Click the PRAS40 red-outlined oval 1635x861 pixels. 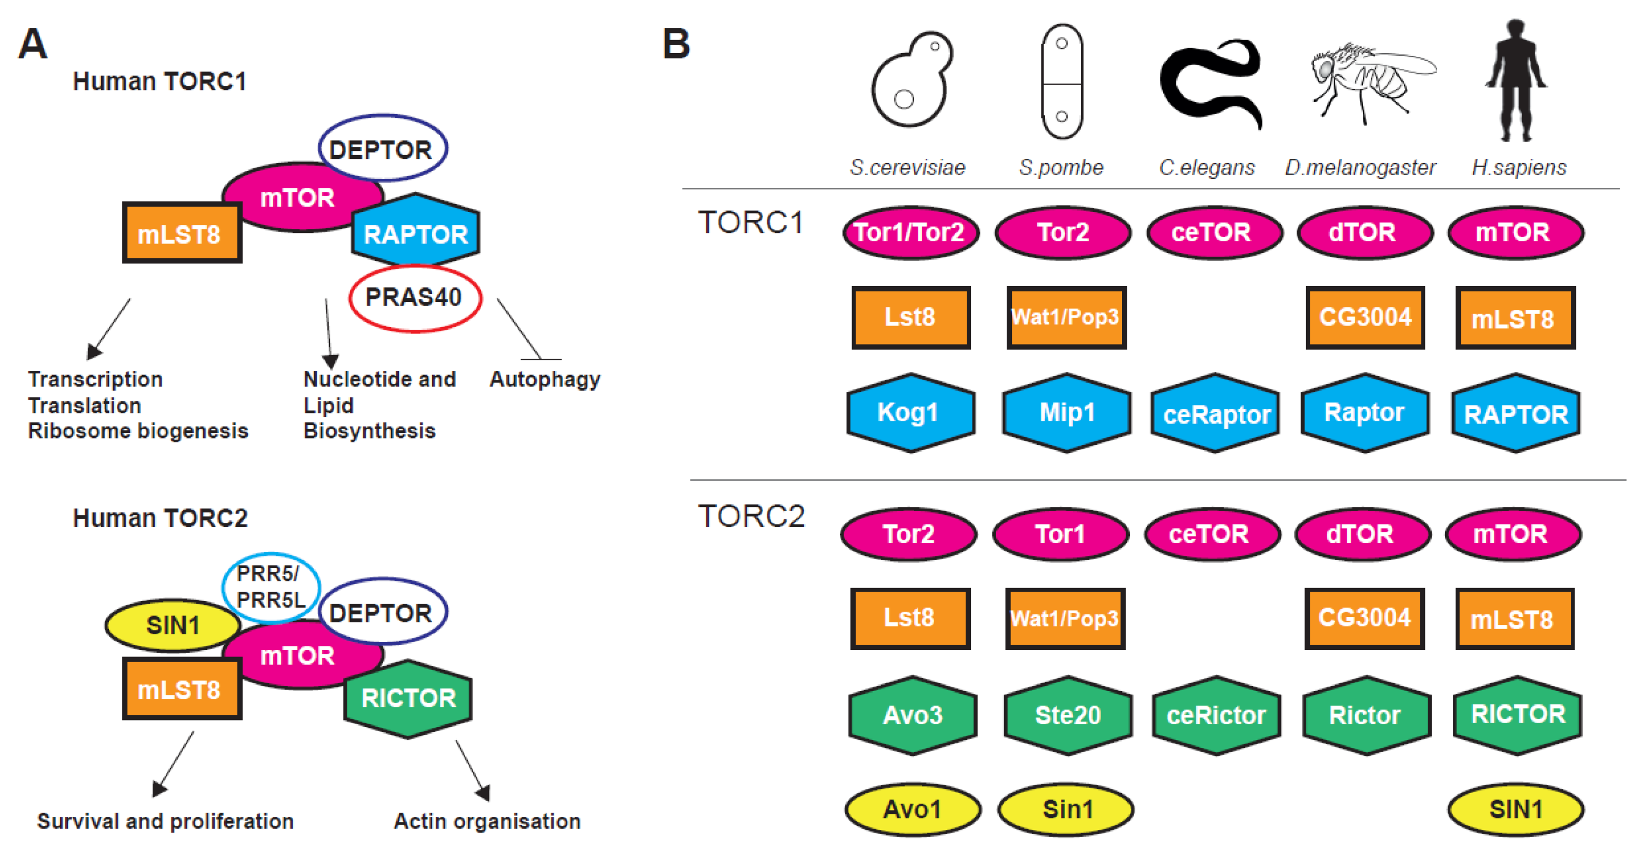pos(415,298)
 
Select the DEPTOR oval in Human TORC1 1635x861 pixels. pos(383,148)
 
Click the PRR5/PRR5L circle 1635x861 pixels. pos(270,587)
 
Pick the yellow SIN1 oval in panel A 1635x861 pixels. pos(173,625)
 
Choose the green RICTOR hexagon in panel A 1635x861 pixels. pos(408,698)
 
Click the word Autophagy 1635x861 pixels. pos(545,379)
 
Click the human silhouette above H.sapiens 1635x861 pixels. pos(1516,79)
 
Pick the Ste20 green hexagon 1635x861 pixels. pos(1068,716)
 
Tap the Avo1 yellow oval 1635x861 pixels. pos(912,809)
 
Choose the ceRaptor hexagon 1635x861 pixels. pos(1216,414)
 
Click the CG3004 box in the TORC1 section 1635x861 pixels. pos(1365,317)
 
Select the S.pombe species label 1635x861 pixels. pos(1061,167)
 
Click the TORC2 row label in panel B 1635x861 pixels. pos(751,516)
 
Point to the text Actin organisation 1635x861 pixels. pos(487,822)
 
